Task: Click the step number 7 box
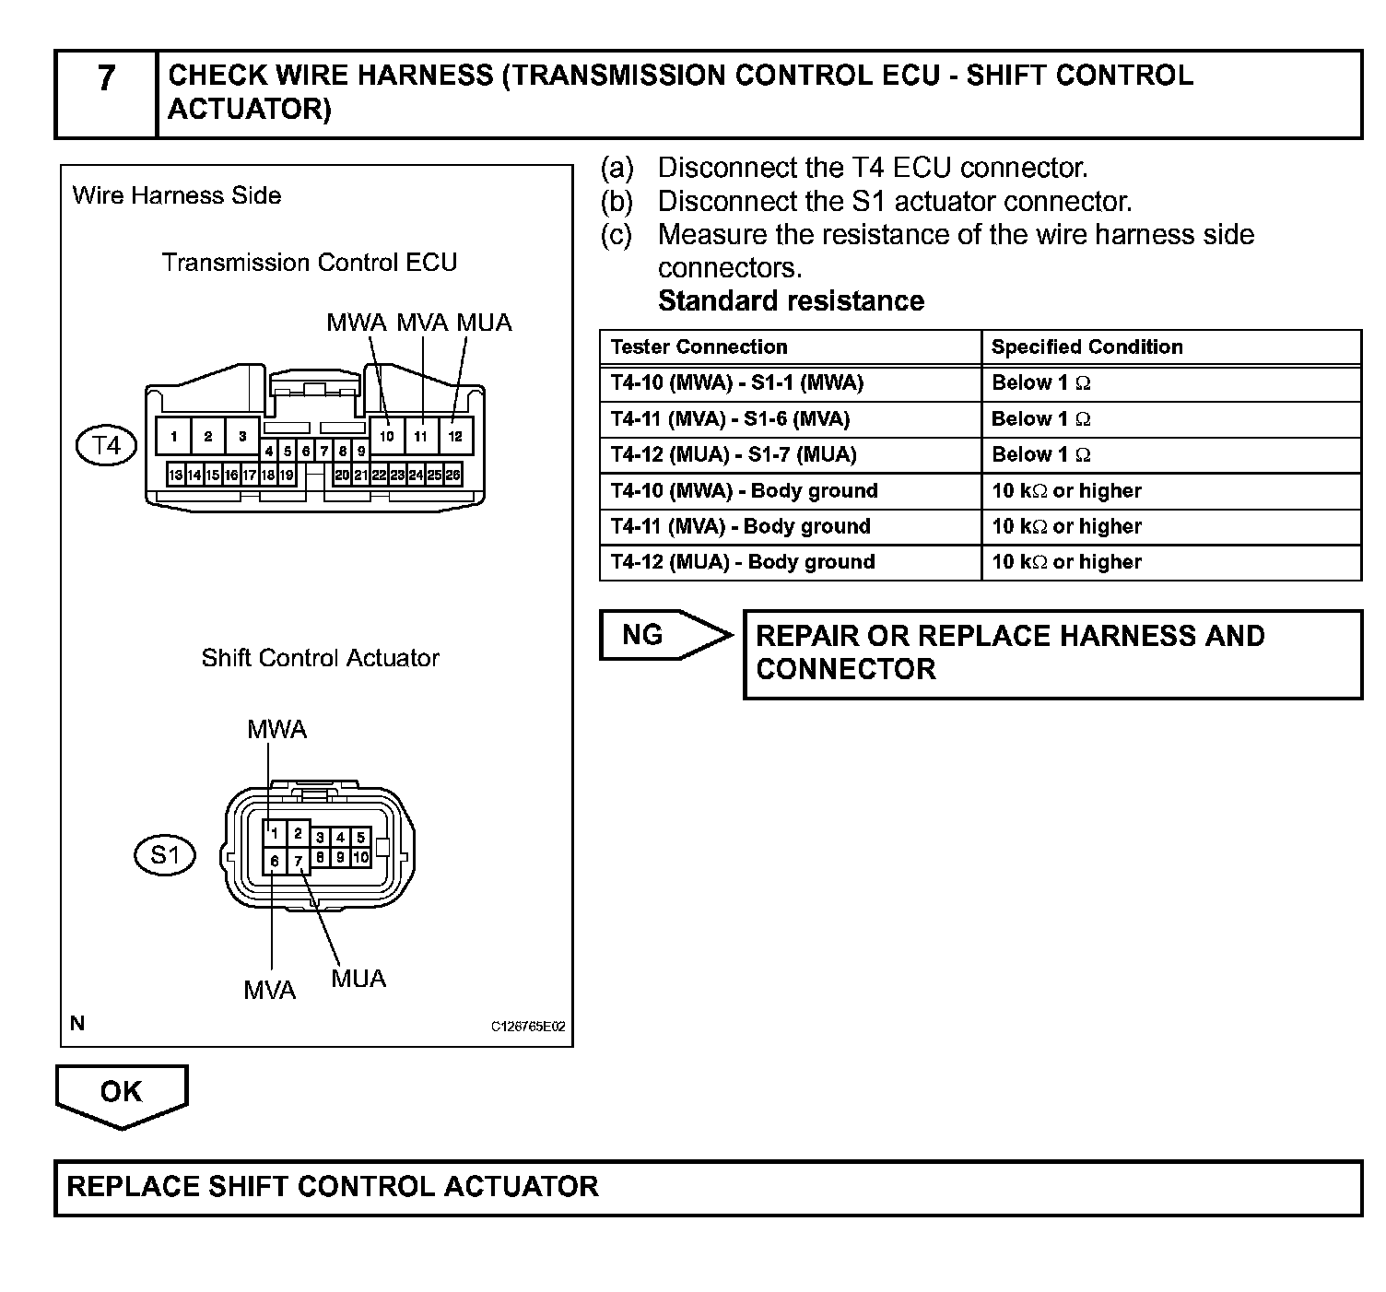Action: pyautogui.click(x=106, y=93)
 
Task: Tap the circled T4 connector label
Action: pyautogui.click(x=106, y=447)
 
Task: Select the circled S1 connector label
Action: pyautogui.click(x=165, y=855)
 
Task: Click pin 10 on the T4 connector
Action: pyautogui.click(x=387, y=436)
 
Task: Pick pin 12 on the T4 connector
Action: pyautogui.click(x=455, y=436)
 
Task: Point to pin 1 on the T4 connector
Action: pyautogui.click(x=174, y=436)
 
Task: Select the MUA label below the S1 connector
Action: pyautogui.click(x=358, y=979)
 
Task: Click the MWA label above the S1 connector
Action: pyautogui.click(x=276, y=730)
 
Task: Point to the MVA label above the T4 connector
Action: pyautogui.click(x=422, y=323)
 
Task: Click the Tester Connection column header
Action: pyautogui.click(x=699, y=347)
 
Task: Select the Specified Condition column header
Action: pyautogui.click(x=1086, y=347)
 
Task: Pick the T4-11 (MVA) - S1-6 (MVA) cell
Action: pyautogui.click(x=730, y=419)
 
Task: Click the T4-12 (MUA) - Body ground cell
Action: pyautogui.click(x=743, y=562)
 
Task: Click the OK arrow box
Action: pyautogui.click(x=122, y=1093)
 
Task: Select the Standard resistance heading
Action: pyautogui.click(x=791, y=301)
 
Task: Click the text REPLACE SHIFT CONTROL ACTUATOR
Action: pyautogui.click(x=333, y=1186)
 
